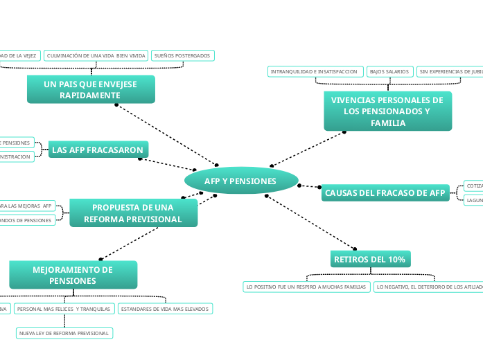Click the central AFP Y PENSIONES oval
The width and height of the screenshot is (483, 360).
coord(240,181)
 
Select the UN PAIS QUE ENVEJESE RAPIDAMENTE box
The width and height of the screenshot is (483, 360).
coord(91,89)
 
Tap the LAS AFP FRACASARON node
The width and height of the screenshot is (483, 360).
coord(98,150)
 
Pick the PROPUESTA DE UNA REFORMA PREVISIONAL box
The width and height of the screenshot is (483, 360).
coord(133,213)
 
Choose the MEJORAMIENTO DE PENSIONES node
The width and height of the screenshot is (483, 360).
coord(73,275)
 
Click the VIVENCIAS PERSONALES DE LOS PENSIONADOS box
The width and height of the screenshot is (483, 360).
coord(387,111)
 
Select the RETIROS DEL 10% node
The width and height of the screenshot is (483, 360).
coord(370,259)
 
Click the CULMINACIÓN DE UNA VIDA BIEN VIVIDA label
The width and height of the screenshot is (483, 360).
coord(96,55)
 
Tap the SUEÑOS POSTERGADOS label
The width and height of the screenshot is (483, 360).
coord(183,55)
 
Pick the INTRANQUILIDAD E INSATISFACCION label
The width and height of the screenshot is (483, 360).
coord(315,71)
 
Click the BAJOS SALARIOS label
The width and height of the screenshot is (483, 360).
coord(389,71)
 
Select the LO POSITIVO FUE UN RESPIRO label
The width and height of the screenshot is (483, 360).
coord(306,286)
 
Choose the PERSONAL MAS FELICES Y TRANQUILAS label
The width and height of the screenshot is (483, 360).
coord(64,309)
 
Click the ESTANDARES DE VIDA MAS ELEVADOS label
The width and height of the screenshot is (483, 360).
coord(165,309)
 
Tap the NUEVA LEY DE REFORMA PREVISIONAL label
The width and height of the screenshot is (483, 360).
coord(64,333)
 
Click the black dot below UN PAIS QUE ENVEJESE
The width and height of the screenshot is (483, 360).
coord(116,105)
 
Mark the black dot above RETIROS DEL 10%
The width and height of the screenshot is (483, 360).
coord(356,249)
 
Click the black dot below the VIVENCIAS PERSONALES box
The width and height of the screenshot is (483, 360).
coord(344,132)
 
